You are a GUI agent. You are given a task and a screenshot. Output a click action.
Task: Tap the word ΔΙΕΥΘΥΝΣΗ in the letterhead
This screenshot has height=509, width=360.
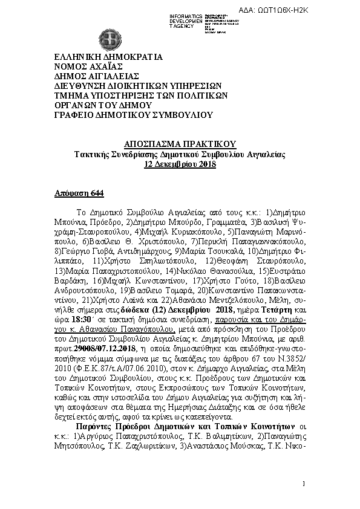pos(82,85)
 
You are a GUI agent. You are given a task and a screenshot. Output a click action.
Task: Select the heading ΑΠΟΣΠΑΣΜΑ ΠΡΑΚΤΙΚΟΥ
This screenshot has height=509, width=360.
pos(179,145)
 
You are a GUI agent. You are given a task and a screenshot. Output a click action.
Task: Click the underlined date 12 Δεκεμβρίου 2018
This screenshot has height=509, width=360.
pos(179,164)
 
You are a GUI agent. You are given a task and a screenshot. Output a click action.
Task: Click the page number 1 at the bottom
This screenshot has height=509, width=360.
pos(303,485)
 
